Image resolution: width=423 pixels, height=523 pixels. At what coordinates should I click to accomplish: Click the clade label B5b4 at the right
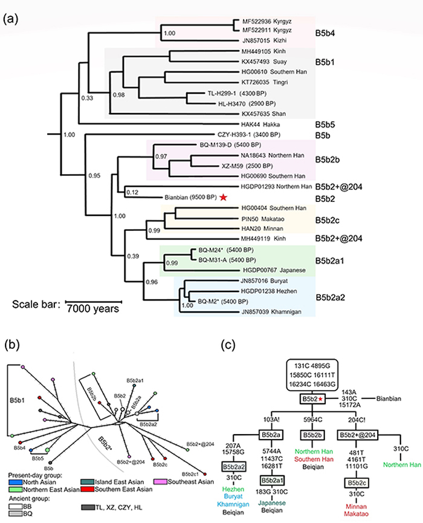click(329, 30)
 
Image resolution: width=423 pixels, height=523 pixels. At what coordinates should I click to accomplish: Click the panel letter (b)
click(11, 346)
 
